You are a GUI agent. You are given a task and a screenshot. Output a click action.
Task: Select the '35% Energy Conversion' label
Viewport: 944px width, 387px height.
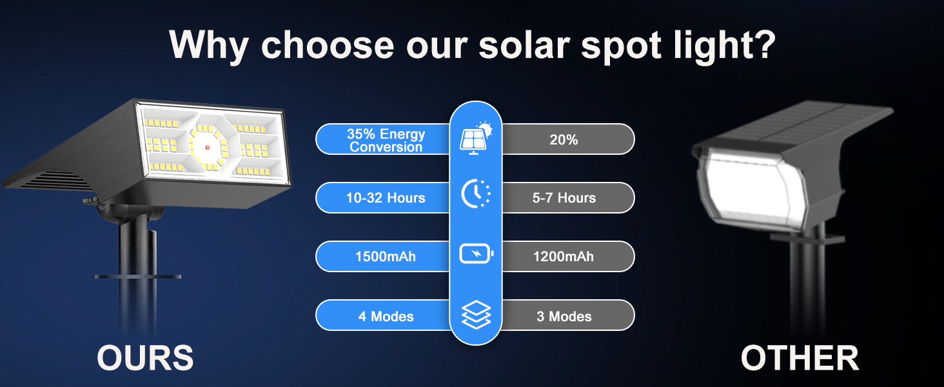tap(386, 140)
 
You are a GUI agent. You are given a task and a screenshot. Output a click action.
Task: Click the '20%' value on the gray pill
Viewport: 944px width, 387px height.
tap(564, 140)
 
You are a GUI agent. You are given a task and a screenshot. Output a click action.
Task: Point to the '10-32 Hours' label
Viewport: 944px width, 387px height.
tap(386, 198)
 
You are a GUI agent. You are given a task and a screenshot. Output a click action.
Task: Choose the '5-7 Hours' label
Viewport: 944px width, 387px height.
tap(564, 198)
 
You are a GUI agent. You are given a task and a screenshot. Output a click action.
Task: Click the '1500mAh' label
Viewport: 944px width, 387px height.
tap(386, 257)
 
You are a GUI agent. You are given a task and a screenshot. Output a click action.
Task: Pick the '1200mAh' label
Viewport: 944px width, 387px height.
tap(564, 257)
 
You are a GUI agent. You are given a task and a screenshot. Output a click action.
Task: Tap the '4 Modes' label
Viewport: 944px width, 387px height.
tap(386, 316)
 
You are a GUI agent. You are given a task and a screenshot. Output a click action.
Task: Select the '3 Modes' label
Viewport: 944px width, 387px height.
tap(564, 316)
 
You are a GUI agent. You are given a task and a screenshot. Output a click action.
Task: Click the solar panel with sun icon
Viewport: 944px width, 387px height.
tap(475, 137)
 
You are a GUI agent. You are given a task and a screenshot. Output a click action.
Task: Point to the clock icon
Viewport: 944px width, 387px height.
tap(475, 193)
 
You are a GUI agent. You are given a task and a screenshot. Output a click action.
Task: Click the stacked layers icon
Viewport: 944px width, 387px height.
tap(476, 315)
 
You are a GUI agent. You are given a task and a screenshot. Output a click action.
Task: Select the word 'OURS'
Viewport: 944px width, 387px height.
tap(145, 357)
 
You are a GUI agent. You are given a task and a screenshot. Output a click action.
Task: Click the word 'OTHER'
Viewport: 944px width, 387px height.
tap(800, 357)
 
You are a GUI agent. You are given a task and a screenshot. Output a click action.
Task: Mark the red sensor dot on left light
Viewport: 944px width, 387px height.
tap(208, 148)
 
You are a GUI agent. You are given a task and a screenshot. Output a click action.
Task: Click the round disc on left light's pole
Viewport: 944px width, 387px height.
tap(137, 277)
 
